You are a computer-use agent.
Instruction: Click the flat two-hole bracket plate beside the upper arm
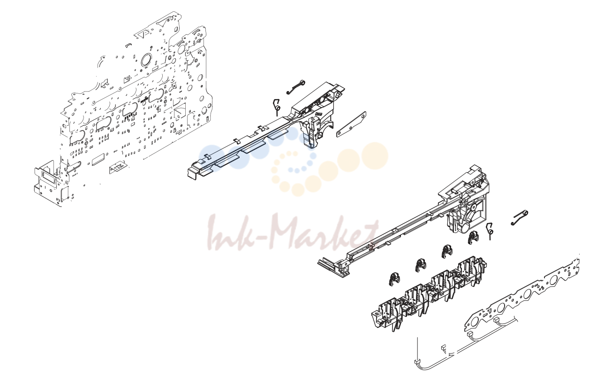pos(352,124)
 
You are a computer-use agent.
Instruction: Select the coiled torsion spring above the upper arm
pos(296,86)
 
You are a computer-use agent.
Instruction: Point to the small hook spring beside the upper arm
pos(277,107)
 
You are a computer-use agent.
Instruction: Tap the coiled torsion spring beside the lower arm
pos(520,217)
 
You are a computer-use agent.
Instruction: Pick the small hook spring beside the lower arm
pos(490,231)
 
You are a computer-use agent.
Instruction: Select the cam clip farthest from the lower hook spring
pos(394,279)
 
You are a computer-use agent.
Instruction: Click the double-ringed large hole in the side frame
pos(146,60)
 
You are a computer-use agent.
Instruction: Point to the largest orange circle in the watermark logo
pos(375,156)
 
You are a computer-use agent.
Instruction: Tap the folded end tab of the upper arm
pos(192,174)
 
